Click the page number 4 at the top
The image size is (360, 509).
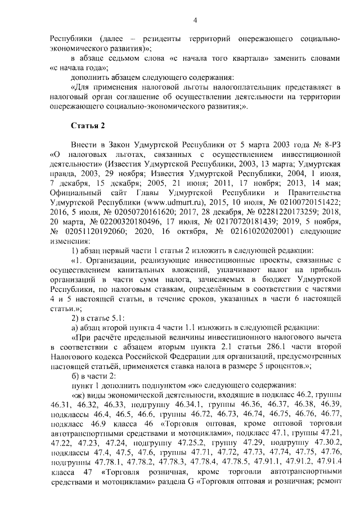coord(195,21)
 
